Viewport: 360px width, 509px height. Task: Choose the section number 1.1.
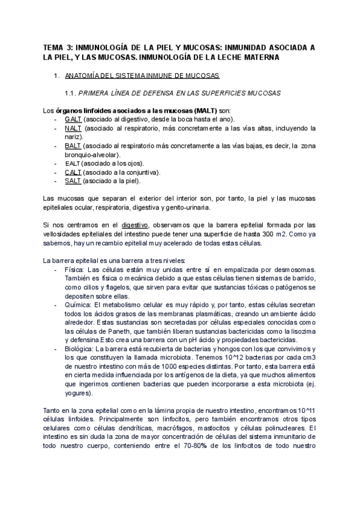[71, 93]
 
